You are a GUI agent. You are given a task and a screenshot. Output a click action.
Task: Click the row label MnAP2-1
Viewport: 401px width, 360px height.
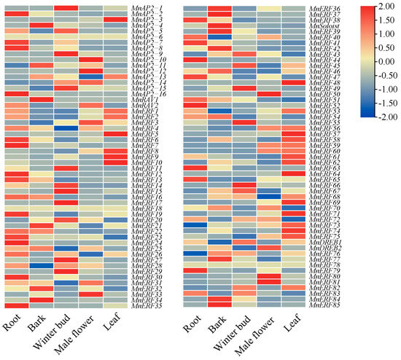click(147, 8)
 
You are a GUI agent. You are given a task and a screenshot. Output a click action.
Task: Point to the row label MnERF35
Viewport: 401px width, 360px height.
click(147, 306)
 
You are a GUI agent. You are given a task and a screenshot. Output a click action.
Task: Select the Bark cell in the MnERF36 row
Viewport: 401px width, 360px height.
click(219, 8)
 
